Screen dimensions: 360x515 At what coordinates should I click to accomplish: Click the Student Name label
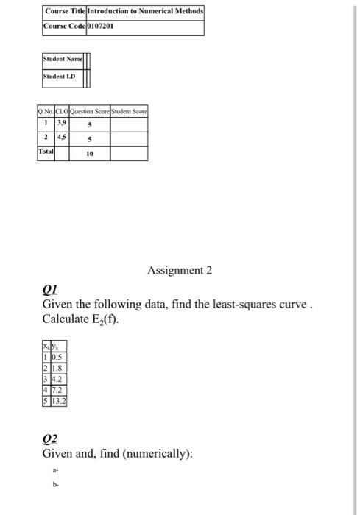(x=62, y=60)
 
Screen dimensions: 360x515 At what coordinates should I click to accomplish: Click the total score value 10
(x=90, y=154)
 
